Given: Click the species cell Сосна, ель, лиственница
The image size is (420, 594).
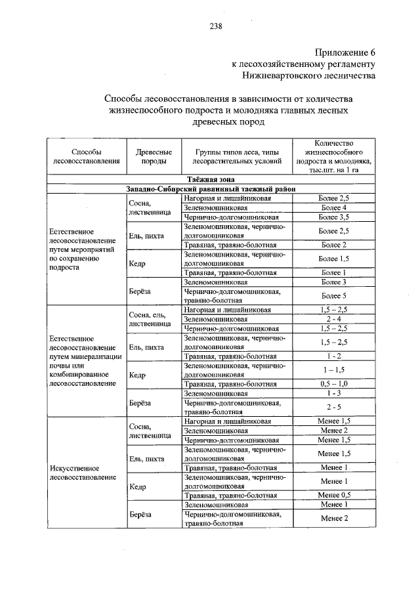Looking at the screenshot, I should (150, 318).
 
